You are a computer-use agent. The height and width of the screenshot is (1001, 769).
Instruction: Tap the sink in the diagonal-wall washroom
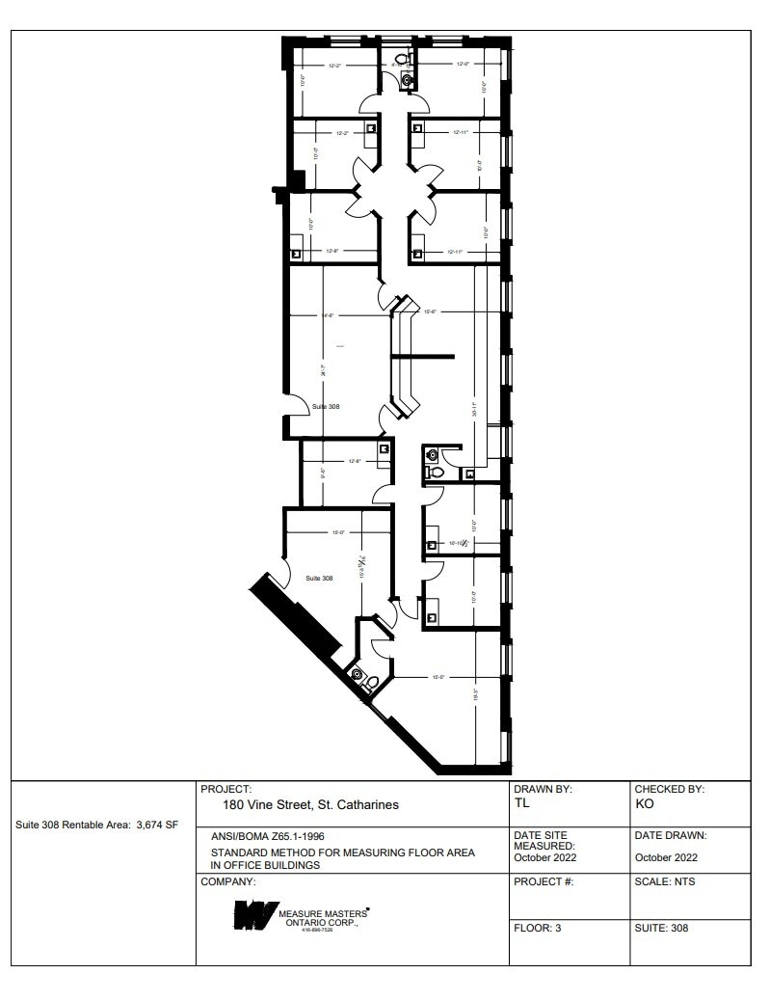point(358,675)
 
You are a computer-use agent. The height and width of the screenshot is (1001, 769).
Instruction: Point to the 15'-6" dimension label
point(431,311)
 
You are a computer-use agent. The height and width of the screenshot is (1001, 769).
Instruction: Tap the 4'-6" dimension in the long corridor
point(328,315)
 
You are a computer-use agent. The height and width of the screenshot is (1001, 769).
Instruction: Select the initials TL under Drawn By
point(522,802)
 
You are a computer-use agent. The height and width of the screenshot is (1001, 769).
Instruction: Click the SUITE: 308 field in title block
point(662,929)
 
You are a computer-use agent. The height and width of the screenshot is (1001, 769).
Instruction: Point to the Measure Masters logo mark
point(253,915)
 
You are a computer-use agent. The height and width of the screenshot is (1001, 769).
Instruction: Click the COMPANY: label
point(228,881)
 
